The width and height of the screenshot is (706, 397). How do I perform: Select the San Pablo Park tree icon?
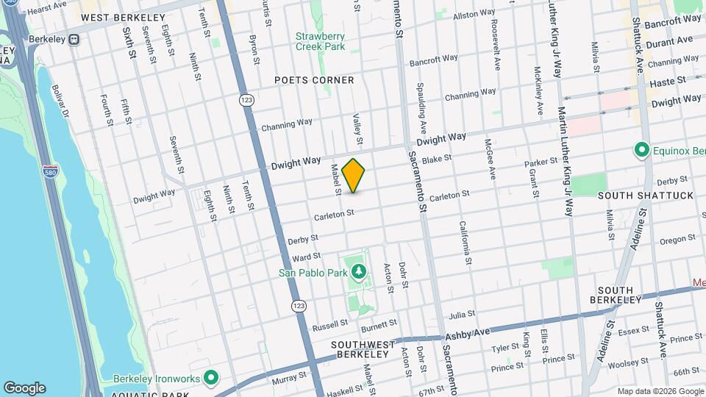[x=359, y=273]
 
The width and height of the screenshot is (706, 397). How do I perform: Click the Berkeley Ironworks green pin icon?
[x=212, y=379]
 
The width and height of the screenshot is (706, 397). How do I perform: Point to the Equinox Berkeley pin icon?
[x=641, y=151]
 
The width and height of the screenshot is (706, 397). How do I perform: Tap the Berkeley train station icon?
[x=74, y=40]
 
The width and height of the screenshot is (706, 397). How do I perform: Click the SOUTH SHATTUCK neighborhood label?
[x=635, y=196]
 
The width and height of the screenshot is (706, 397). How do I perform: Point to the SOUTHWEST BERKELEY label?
[x=359, y=349]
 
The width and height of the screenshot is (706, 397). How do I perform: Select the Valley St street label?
[x=359, y=129]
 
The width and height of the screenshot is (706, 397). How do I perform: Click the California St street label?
[x=465, y=242]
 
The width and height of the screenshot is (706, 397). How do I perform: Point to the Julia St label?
[x=463, y=314]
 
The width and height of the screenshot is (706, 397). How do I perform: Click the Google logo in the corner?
[x=24, y=388]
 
